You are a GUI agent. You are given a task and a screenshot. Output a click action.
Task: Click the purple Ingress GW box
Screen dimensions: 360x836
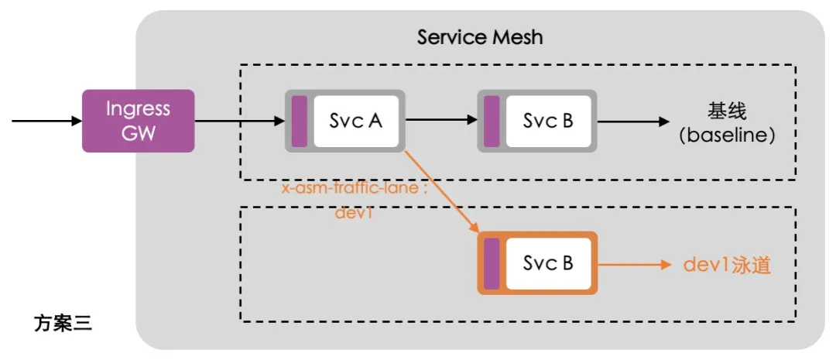pos(138,121)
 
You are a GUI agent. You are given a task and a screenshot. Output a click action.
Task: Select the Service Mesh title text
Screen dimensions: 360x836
pos(480,36)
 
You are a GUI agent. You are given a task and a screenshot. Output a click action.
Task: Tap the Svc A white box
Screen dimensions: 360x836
pos(356,121)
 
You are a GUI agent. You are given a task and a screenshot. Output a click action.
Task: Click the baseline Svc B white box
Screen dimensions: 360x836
pos(548,121)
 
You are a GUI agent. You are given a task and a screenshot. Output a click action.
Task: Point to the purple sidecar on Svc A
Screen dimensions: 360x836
pos(299,121)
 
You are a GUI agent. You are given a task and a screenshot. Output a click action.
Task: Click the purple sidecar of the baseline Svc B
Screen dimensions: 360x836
pos(491,121)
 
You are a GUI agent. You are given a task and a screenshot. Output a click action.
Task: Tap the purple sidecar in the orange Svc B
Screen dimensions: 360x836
pos(491,263)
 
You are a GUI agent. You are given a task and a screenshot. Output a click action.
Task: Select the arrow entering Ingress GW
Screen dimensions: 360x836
pos(46,121)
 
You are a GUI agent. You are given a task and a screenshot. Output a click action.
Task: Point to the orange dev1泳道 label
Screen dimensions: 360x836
pos(727,264)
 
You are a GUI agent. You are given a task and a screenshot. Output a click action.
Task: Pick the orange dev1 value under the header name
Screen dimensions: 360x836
pos(355,212)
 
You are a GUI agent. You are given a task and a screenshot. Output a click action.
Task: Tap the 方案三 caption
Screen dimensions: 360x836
pos(63,323)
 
